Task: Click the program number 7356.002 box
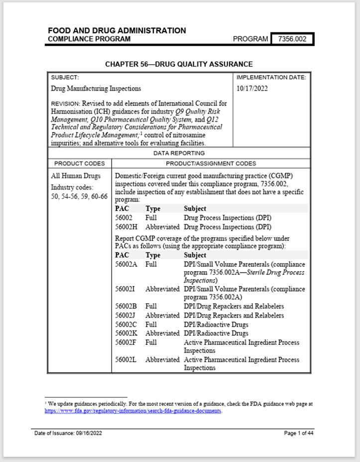[292, 39]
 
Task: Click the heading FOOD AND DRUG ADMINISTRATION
[117, 30]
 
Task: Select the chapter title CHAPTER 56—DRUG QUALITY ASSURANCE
[179, 64]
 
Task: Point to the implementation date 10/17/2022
[252, 89]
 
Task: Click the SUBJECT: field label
[65, 78]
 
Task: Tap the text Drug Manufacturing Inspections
[96, 89]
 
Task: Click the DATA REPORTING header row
[179, 154]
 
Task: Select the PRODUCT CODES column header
[80, 163]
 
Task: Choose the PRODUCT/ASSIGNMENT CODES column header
[211, 163]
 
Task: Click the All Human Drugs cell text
[76, 176]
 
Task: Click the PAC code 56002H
[126, 227]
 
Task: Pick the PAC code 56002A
[126, 264]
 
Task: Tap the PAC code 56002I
[125, 289]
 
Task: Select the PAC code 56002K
[126, 333]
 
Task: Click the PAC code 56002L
[126, 359]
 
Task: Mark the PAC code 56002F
[126, 342]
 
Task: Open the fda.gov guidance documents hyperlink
[132, 411]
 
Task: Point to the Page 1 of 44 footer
[298, 433]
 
